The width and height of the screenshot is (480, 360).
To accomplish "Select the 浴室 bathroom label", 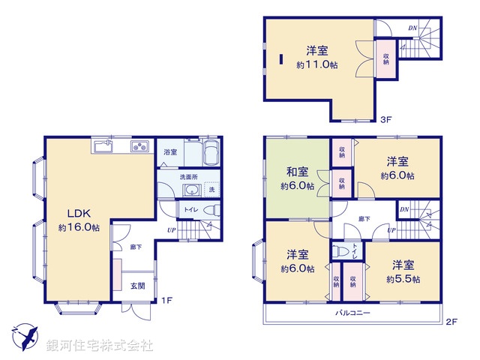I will coord(170,152).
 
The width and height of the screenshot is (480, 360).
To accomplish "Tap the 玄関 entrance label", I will coord(138,285).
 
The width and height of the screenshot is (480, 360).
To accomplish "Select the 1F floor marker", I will coord(169,301).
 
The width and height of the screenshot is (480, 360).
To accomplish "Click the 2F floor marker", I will coord(451,322).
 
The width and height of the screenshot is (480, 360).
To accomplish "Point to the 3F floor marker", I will coord(385,118).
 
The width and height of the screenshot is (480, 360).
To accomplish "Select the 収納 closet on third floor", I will coord(385,58).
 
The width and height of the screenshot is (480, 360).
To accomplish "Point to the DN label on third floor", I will coord(412,28).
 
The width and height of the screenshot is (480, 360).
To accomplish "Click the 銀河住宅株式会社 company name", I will coord(100,346).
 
